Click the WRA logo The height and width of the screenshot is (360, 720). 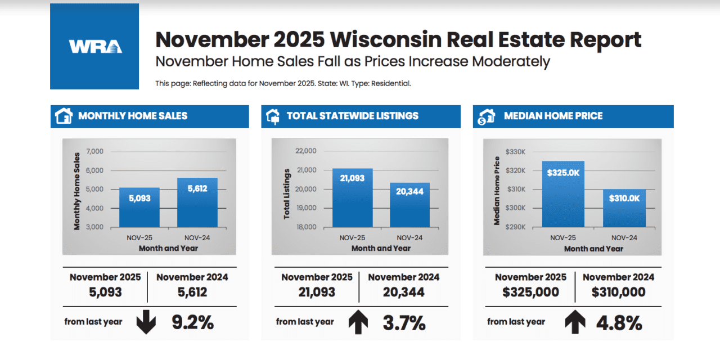click(x=94, y=46)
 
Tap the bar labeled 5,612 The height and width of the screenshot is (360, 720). click(x=197, y=202)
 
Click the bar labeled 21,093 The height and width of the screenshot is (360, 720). click(x=352, y=197)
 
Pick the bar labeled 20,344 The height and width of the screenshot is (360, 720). click(x=409, y=205)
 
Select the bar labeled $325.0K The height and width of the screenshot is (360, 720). click(x=564, y=194)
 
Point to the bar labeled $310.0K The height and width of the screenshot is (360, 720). click(x=624, y=208)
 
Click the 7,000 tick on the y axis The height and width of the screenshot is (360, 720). click(x=94, y=151)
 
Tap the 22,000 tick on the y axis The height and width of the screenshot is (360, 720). click(x=305, y=151)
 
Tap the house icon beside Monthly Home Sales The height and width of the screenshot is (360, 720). click(x=64, y=116)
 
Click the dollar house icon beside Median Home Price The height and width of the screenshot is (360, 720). click(x=486, y=116)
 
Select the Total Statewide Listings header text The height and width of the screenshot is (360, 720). click(x=352, y=116)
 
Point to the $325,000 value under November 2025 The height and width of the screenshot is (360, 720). click(x=530, y=292)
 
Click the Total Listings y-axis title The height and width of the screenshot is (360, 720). click(x=286, y=193)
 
